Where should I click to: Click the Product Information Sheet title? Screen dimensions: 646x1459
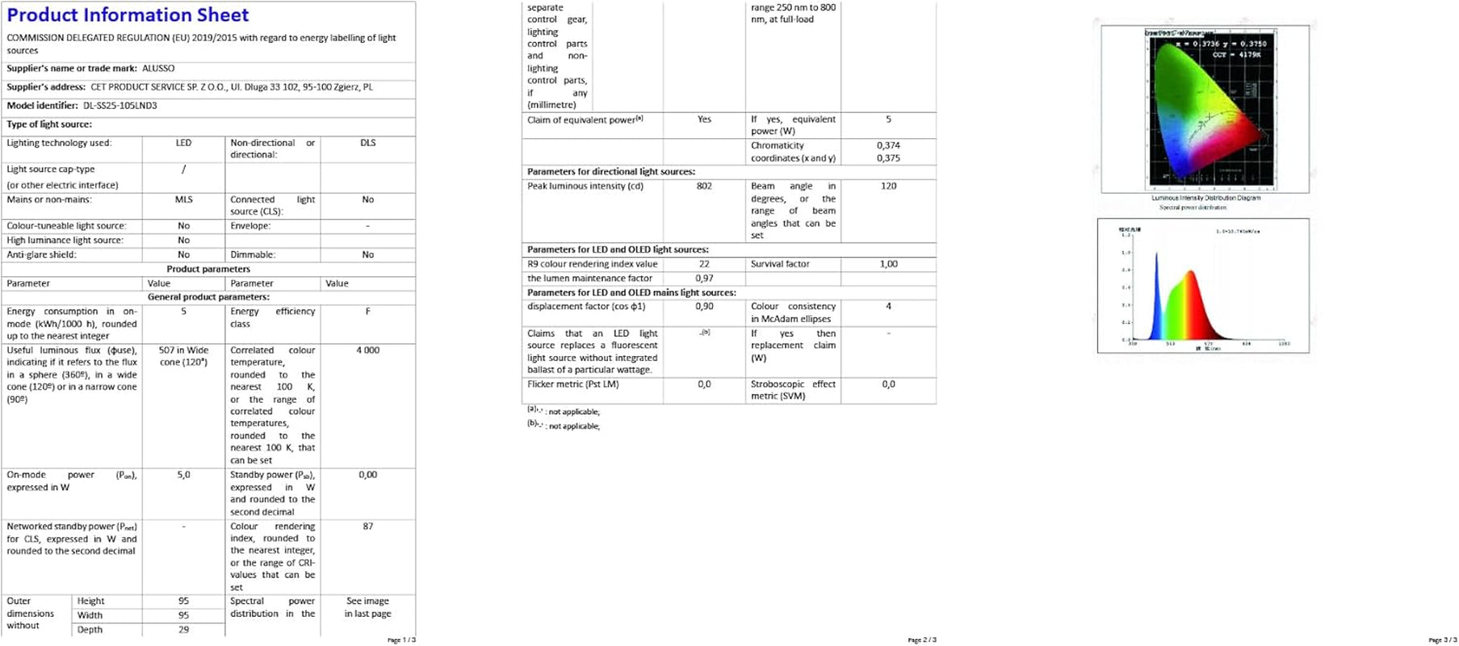[128, 15]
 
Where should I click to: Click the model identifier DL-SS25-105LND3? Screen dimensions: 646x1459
[119, 106]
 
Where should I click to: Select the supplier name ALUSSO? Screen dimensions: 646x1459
[158, 69]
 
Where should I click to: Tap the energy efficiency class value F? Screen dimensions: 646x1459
[367, 312]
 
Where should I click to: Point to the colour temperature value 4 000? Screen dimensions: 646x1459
[367, 350]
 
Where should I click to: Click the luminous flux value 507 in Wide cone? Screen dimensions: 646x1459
[183, 356]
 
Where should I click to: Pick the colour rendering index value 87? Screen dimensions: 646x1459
[367, 526]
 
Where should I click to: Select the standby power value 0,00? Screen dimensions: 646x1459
[367, 475]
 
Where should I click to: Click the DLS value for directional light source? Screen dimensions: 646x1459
[367, 143]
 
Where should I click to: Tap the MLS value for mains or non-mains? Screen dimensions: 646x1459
[183, 199]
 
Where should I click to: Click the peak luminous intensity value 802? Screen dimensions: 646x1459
[704, 187]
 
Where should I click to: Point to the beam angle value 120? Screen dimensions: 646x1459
[888, 187]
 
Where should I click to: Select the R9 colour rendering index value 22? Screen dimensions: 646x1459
[704, 264]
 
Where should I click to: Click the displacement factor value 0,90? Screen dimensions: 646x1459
[704, 307]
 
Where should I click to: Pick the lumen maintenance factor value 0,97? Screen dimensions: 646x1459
[704, 279]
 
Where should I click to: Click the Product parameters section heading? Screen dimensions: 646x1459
[208, 269]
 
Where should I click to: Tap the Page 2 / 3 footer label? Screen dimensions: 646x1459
[922, 640]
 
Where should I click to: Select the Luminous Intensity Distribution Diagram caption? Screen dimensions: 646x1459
[1205, 198]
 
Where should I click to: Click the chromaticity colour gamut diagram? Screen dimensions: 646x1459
[1203, 109]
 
